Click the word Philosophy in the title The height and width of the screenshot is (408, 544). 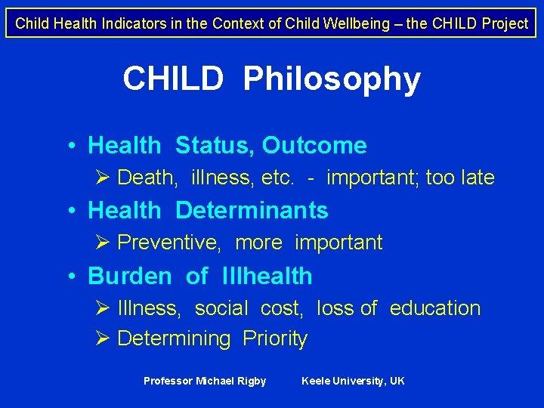pos(332,79)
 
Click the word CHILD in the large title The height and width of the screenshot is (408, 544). pos(173,79)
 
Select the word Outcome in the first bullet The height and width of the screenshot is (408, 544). pos(314,145)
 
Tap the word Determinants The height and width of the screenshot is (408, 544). pos(252,210)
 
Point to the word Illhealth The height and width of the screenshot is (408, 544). pos(267,276)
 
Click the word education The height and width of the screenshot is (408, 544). pos(435,308)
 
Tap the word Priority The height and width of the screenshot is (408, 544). pos(275,339)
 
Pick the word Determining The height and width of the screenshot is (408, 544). pos(174,339)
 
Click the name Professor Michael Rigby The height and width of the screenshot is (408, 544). pos(205,381)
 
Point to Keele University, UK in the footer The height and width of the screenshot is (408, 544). pos(353,381)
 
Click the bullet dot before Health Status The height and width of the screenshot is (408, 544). pos(70,146)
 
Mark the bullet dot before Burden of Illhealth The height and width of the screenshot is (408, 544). pos(70,277)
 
